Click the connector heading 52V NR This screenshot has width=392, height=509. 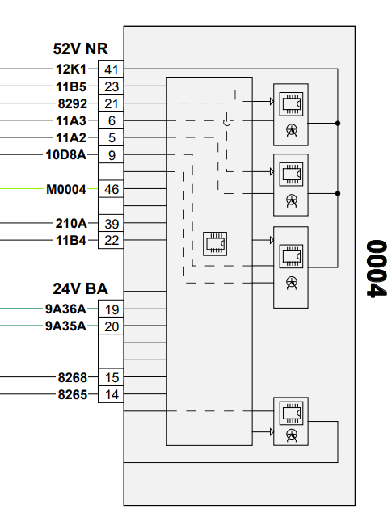click(80, 48)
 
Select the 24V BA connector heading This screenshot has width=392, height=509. click(80, 288)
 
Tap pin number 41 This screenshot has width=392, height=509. click(111, 69)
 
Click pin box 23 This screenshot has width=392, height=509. click(111, 86)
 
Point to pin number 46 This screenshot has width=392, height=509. click(112, 189)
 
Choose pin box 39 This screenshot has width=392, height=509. click(111, 223)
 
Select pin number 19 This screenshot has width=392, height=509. click(112, 309)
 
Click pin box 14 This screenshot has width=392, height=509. click(111, 394)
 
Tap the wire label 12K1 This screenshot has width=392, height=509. click(71, 69)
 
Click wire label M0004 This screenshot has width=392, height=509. click(66, 189)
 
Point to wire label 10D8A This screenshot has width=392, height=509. click(66, 155)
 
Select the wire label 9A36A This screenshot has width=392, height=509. click(65, 309)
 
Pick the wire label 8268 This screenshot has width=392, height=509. click(73, 377)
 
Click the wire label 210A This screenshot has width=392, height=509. click(71, 223)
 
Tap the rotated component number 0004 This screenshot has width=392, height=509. click(377, 268)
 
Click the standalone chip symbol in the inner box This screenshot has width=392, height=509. click(215, 244)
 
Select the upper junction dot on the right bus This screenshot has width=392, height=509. click(338, 124)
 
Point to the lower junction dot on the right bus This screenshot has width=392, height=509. click(338, 193)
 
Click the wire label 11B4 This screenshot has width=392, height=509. click(71, 241)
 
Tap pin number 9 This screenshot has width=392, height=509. click(112, 155)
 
